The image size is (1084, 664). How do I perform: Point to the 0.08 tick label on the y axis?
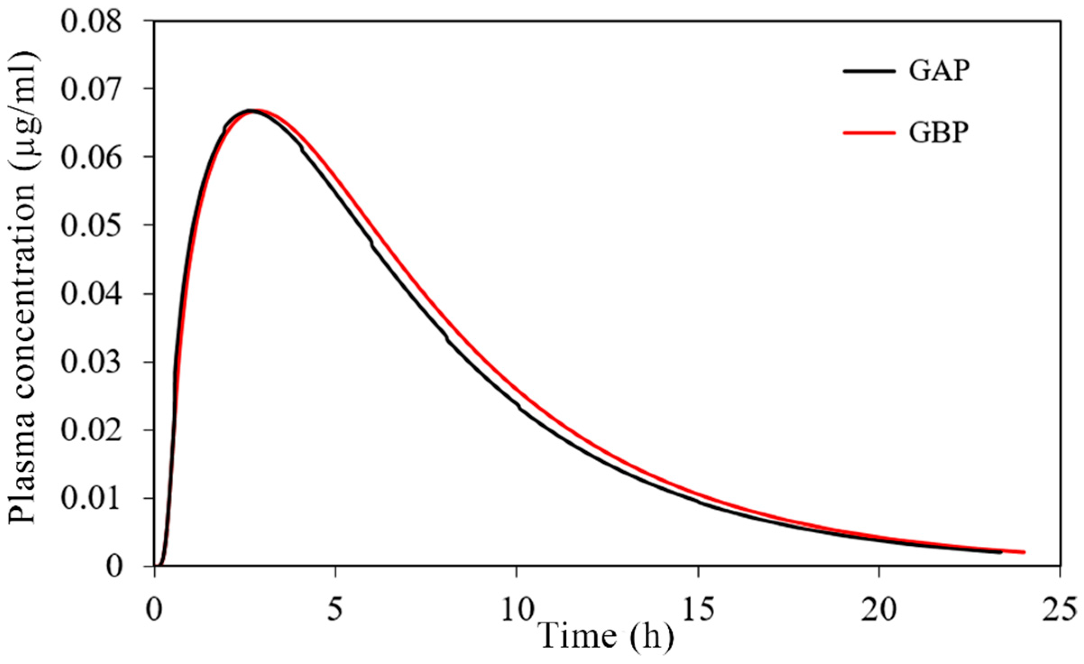(92, 22)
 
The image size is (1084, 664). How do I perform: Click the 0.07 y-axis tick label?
(92, 89)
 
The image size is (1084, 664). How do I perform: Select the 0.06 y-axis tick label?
(92, 157)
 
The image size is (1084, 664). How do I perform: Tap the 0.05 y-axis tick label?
(92, 226)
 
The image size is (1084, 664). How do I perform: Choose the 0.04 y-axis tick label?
(92, 294)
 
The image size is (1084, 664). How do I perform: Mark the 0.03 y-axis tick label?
(92, 362)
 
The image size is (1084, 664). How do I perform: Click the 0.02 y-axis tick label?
(92, 430)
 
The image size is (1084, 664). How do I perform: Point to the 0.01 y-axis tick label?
(92, 498)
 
